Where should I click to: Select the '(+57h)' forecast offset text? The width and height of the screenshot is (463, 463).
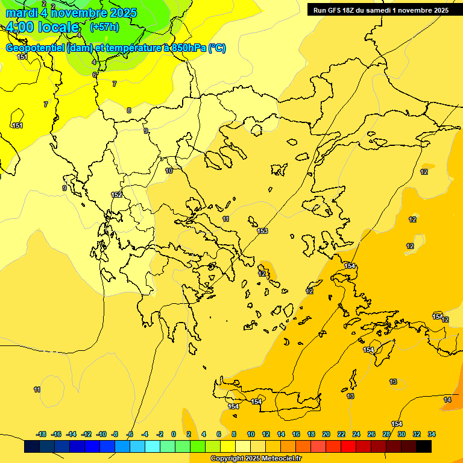pos(104,27)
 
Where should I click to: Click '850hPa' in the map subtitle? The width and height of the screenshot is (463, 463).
pos(189,48)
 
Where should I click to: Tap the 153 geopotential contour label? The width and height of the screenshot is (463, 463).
pos(262,231)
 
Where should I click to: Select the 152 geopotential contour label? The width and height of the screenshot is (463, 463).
pos(116,195)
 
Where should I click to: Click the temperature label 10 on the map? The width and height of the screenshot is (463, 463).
pos(169,171)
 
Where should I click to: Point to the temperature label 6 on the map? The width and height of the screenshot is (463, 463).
pos(95,75)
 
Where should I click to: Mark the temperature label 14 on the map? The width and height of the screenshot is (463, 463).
pos(447,400)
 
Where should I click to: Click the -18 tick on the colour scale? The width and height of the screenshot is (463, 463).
pos(41,434)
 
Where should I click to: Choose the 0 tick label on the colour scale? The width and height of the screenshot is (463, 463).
pos(174,434)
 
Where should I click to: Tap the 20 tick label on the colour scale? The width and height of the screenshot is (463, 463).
pos(326,434)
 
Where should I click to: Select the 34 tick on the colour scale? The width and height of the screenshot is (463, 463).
pos(432,434)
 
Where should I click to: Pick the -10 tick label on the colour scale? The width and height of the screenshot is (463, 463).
pos(101,434)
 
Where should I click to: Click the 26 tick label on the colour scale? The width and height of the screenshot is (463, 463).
pos(371,434)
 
